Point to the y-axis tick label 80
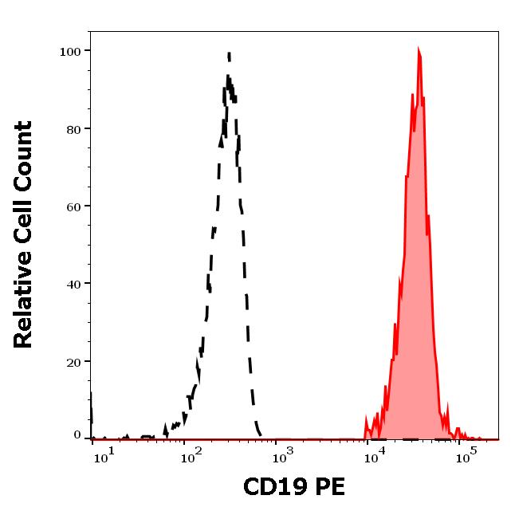(x=73, y=129)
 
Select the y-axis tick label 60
(x=73, y=206)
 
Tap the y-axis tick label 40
(x=73, y=284)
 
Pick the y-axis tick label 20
(x=73, y=362)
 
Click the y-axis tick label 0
(x=77, y=435)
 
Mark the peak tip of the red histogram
(x=419, y=49)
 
